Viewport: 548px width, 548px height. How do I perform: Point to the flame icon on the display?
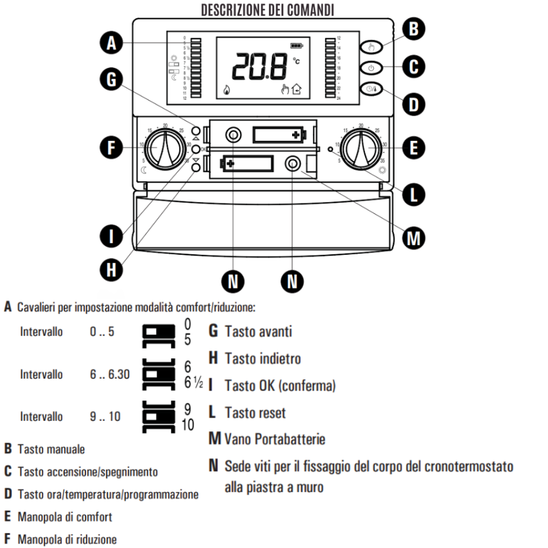click(226, 90)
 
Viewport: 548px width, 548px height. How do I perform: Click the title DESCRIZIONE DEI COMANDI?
click(268, 9)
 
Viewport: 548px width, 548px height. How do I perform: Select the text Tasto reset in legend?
click(254, 413)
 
